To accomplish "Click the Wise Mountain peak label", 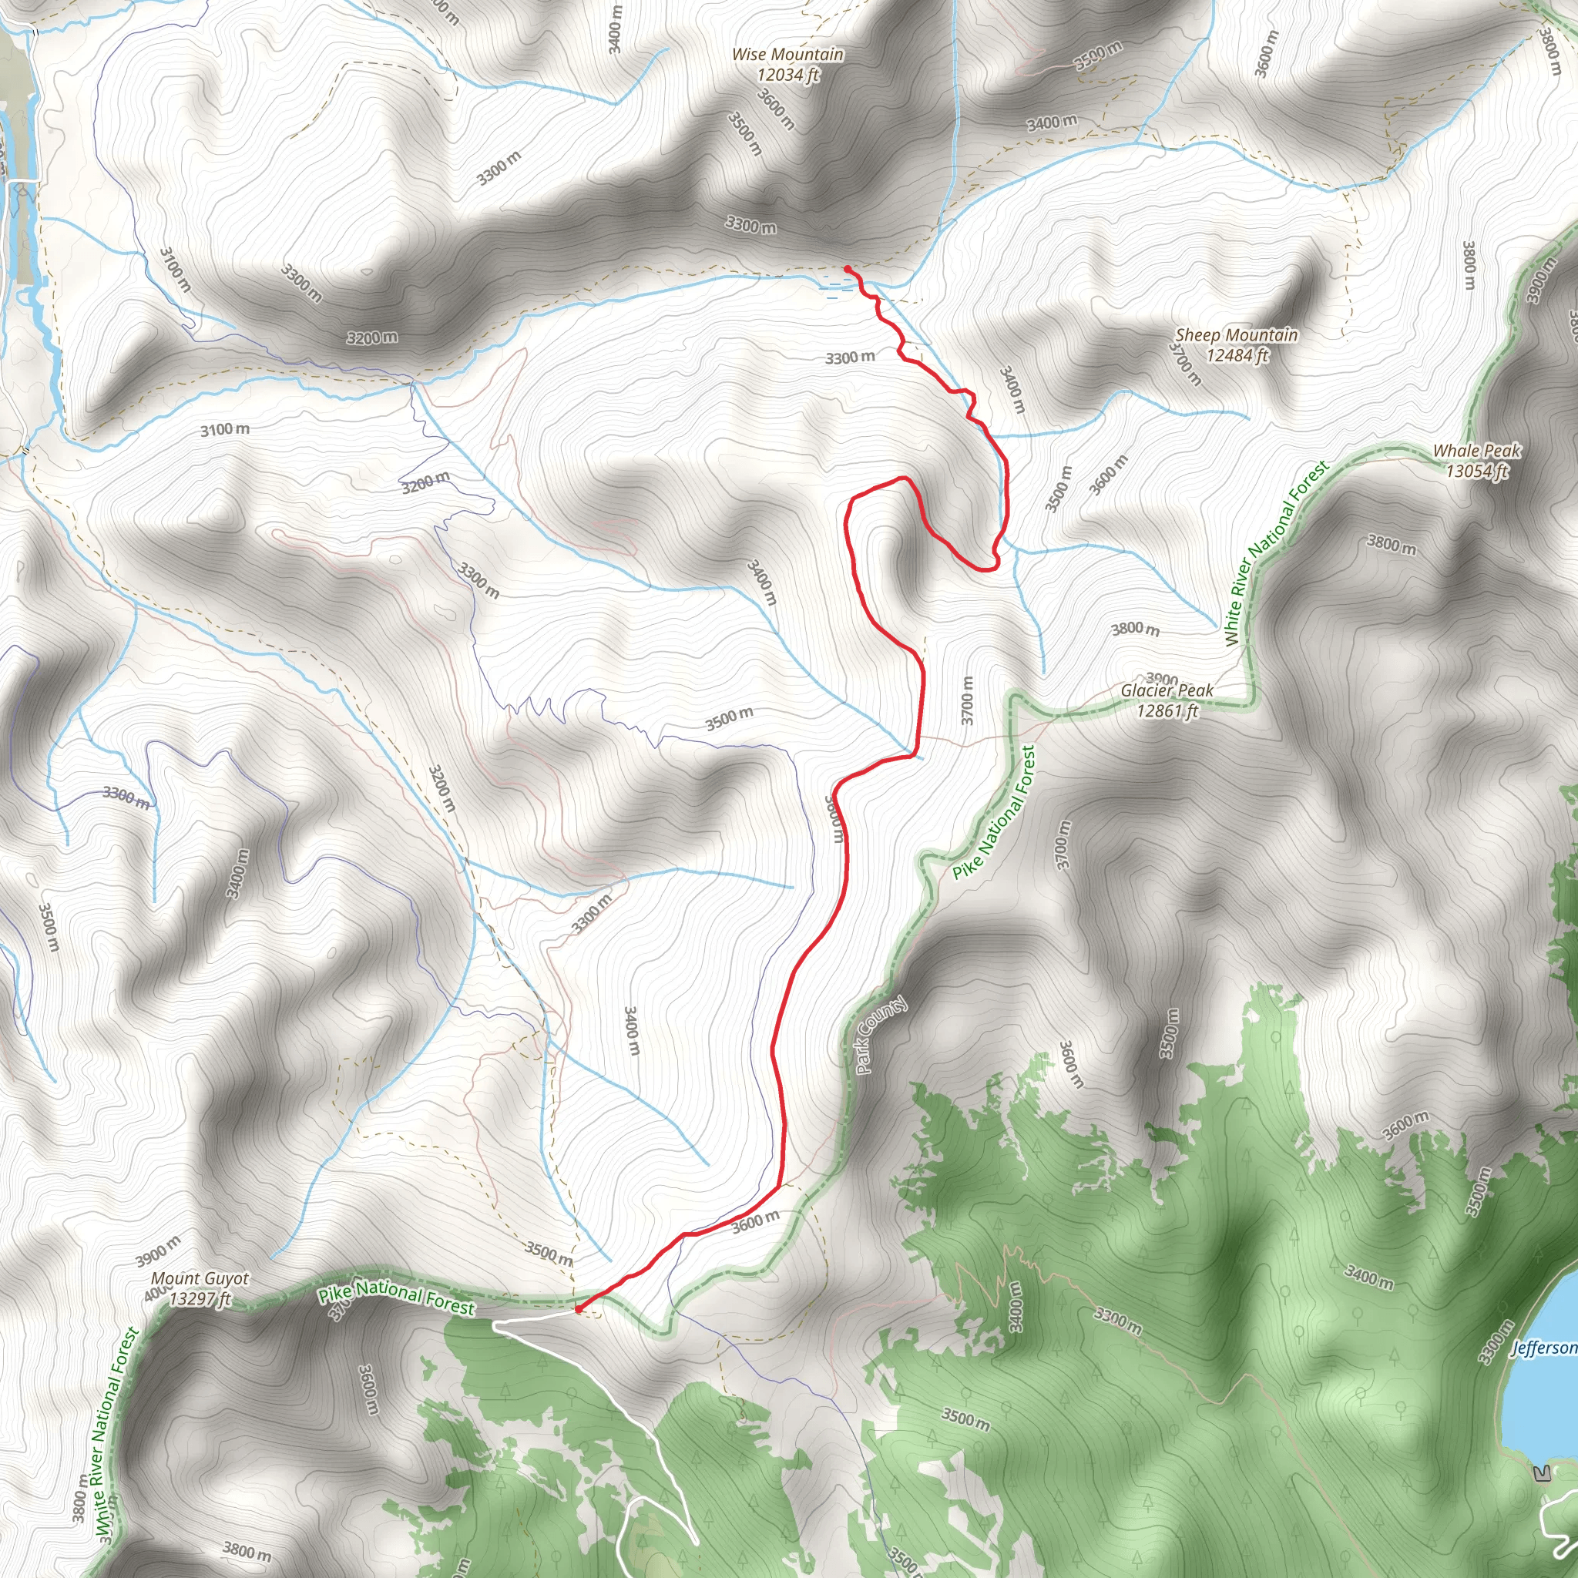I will click(787, 55).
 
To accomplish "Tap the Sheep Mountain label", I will click(1236, 335).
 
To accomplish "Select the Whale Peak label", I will click(1477, 451).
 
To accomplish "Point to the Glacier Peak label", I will click(1167, 691).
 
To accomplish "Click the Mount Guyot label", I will click(200, 1278).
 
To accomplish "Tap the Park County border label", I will click(881, 1035).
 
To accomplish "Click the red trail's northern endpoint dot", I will click(847, 269).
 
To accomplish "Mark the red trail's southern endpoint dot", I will click(579, 1309).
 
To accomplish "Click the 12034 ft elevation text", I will click(787, 76).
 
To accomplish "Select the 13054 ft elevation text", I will click(1477, 472).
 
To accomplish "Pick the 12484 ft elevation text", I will click(1237, 355).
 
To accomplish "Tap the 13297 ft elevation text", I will click(200, 1298).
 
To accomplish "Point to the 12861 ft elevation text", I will click(1167, 711).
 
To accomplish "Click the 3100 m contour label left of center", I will click(226, 430).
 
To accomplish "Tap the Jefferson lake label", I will click(1543, 1347).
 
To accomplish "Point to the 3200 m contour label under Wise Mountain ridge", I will click(371, 337).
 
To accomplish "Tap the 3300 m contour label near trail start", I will click(849, 358).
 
